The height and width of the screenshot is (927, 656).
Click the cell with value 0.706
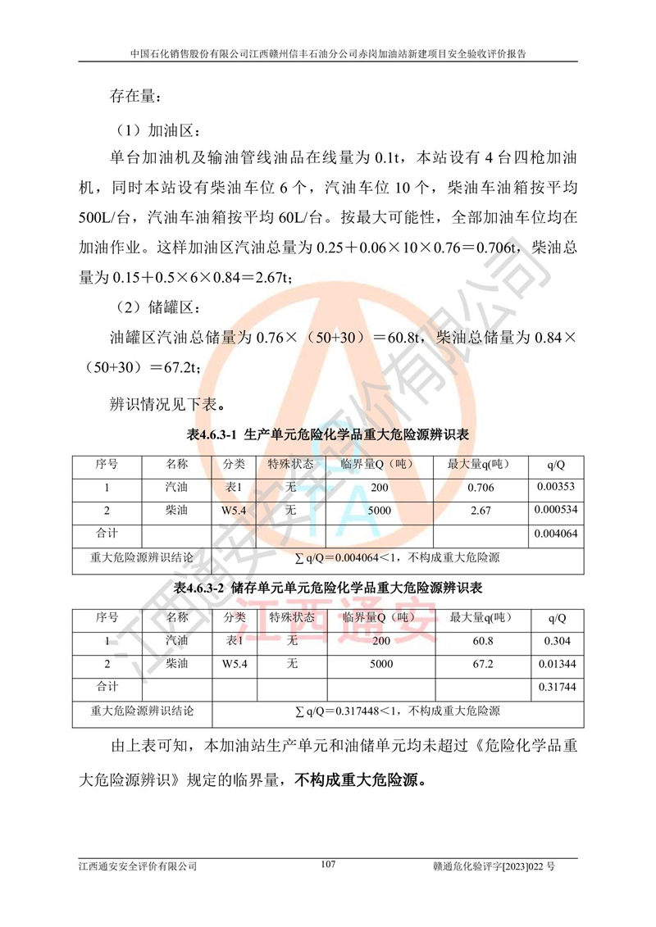[x=480, y=488]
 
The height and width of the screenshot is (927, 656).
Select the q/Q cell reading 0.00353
[x=556, y=487]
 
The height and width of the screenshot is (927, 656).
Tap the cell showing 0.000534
[x=556, y=510]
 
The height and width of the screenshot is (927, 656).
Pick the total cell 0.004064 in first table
[x=556, y=534]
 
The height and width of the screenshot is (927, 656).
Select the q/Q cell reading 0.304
[x=556, y=641]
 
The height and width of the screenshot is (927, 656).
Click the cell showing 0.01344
[x=556, y=664]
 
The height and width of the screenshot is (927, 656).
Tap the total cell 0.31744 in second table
[x=556, y=687]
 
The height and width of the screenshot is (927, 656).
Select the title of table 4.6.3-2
[x=328, y=588]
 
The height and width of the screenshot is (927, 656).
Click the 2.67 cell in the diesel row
[x=480, y=511]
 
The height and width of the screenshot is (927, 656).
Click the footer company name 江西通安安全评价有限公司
[x=138, y=866]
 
